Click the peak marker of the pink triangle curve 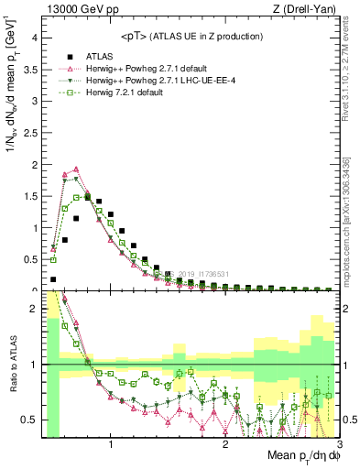(76, 169)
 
